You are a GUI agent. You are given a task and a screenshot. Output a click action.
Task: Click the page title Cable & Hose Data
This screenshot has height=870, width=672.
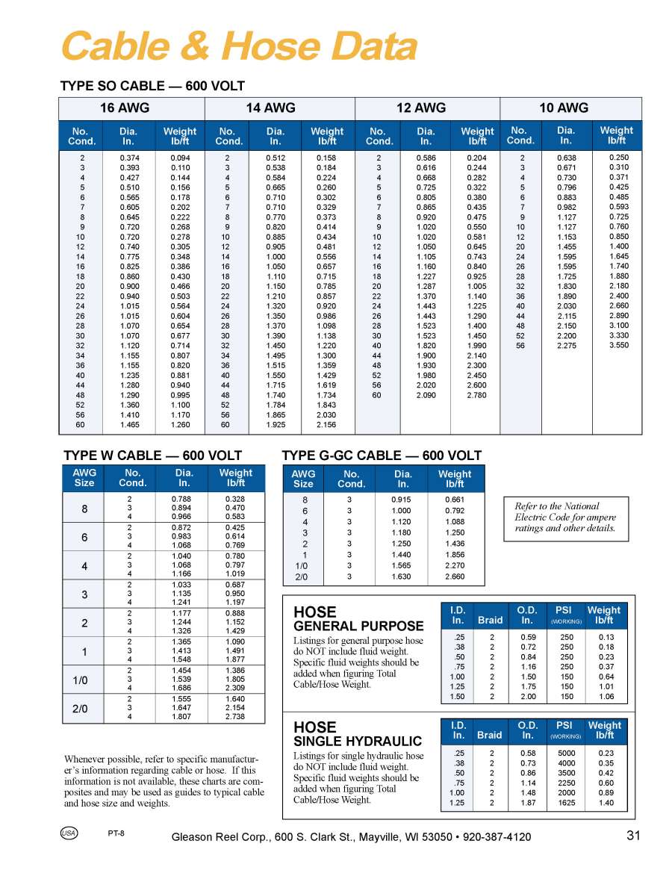(238, 47)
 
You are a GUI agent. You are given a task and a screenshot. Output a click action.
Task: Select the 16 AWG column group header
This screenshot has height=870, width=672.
(125, 108)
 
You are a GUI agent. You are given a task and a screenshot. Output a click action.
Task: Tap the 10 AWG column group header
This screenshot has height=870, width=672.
(564, 108)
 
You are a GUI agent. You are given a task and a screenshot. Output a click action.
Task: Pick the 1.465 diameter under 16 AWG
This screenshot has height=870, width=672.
(130, 424)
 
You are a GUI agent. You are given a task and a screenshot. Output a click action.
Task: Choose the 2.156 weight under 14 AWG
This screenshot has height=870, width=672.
(326, 424)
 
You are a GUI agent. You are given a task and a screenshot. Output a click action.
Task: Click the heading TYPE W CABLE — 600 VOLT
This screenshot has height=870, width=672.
(152, 456)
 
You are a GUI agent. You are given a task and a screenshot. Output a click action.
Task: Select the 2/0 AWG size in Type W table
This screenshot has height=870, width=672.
(84, 709)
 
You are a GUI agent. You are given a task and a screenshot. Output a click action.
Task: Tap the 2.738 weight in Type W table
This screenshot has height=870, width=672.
(235, 717)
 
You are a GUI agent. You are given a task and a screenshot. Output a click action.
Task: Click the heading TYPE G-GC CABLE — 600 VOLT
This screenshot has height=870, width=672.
(382, 456)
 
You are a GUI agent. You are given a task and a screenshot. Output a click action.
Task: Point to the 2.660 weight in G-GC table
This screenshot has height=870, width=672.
(454, 577)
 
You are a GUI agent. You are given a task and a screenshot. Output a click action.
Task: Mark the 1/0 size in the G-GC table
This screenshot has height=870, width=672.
(304, 566)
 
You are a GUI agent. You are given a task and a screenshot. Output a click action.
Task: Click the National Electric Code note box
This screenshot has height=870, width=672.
(565, 518)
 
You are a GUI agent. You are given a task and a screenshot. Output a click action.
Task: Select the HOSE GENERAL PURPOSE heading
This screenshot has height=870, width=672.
(358, 619)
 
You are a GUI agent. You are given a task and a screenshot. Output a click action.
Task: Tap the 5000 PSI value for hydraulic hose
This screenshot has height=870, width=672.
(566, 754)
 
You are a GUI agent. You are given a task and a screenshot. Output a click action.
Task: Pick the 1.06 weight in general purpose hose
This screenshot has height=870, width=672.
(606, 696)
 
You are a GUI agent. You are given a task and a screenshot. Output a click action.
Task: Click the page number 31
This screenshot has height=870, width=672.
(633, 836)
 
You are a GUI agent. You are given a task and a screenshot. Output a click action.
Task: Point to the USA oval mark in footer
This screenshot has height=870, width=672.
(68, 833)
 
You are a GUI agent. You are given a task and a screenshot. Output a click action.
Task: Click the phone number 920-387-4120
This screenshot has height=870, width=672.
(497, 837)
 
